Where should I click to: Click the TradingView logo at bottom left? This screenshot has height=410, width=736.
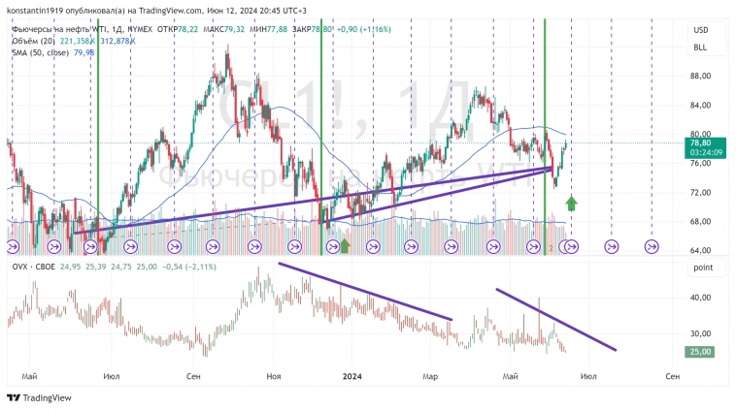[x=40, y=397]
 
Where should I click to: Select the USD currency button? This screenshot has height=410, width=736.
[x=699, y=30]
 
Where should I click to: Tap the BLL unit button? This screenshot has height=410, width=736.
[x=699, y=47]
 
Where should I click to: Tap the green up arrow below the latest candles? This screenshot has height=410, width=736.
[x=572, y=203]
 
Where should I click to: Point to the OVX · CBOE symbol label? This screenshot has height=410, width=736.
[x=31, y=267]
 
